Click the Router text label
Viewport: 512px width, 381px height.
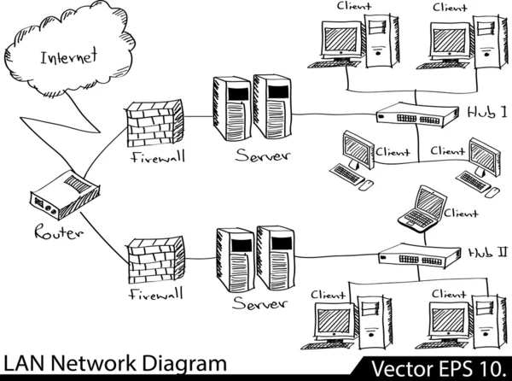coord(58,232)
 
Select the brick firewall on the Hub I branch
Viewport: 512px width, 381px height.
coord(154,124)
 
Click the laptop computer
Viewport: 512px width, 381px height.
coord(422,209)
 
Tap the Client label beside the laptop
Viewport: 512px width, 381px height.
coord(461,214)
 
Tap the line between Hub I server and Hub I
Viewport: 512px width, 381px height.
coord(333,114)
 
